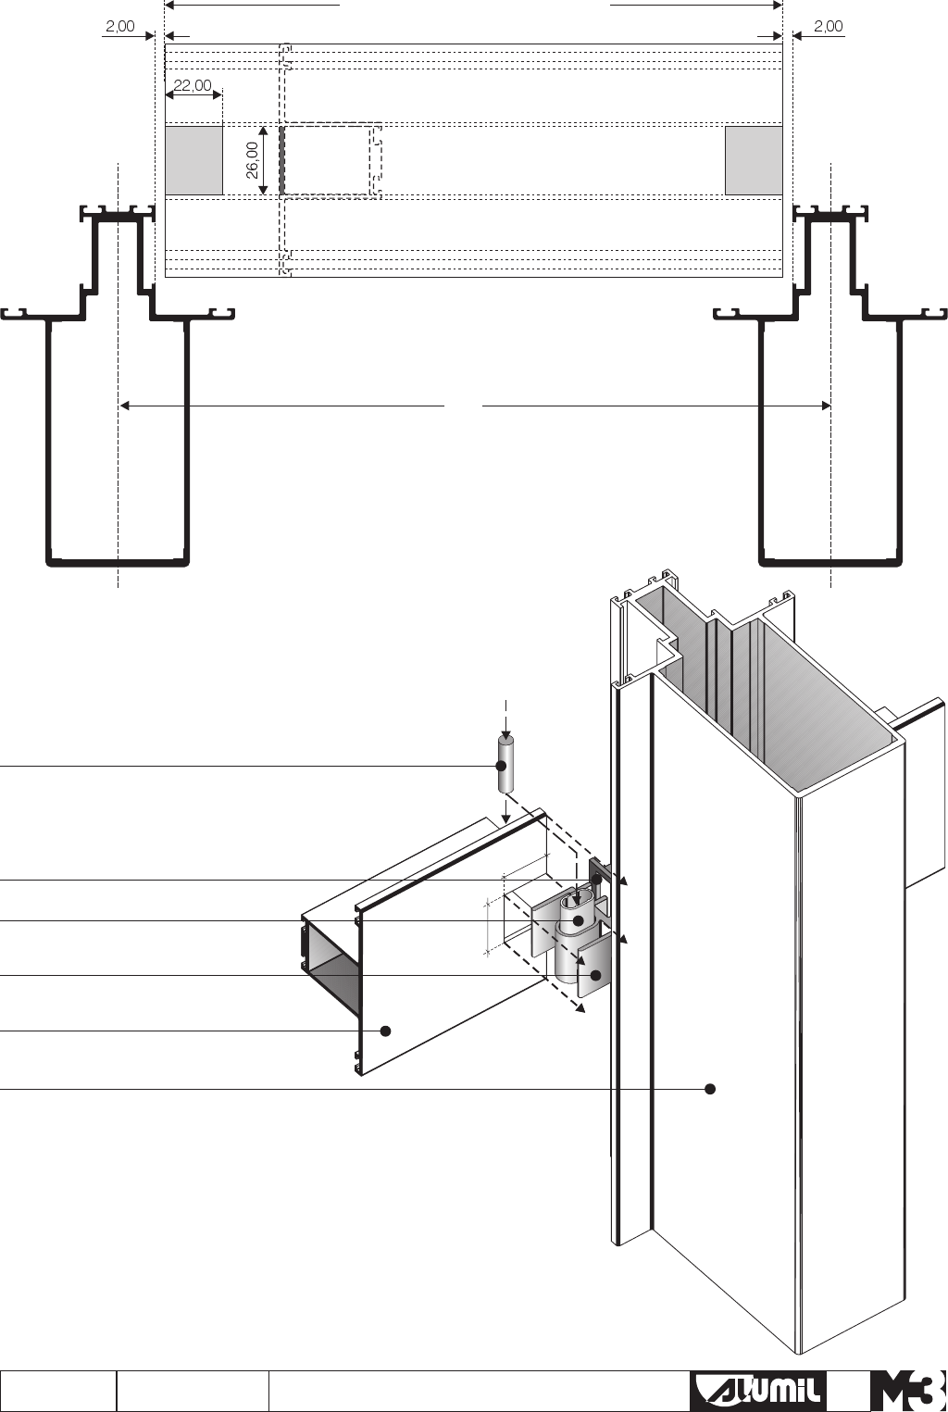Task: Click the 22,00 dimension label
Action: coord(193,86)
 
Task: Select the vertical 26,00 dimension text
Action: coord(252,160)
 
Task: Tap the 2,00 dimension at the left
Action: coord(119,26)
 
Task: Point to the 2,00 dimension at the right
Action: coord(829,26)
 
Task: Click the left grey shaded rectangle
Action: coord(194,160)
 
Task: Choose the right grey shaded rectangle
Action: coord(754,160)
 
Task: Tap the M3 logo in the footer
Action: coord(908,1391)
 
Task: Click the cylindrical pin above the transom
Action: coord(505,765)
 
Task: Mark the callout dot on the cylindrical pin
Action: coord(502,766)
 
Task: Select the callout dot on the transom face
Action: coord(387,1031)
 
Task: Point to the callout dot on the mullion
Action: coord(710,1089)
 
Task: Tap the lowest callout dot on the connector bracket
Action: coord(596,975)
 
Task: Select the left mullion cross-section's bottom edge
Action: coord(118,561)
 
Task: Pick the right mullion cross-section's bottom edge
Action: coord(830,561)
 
